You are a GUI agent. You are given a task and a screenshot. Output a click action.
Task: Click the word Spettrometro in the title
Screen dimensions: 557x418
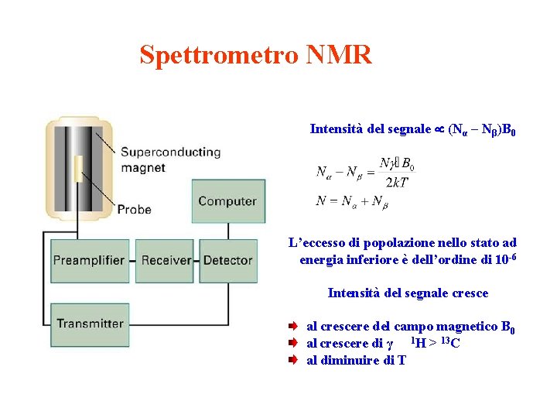coord(219,55)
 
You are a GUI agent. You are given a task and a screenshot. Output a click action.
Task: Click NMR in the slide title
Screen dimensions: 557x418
coord(339,55)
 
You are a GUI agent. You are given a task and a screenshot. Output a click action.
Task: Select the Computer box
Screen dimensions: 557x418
coord(227,201)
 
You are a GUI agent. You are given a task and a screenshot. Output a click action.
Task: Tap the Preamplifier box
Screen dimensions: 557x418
coord(89,260)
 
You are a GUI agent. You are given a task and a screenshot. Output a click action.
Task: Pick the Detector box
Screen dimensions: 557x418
coord(227,260)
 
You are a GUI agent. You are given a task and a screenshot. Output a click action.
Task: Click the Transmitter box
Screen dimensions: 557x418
coord(90,324)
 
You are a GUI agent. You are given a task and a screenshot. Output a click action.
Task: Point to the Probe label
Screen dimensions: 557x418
coord(135,209)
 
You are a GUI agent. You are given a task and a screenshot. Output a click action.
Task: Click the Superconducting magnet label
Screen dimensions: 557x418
coord(170,159)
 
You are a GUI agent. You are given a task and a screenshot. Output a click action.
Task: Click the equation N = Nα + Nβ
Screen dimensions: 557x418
coord(352,202)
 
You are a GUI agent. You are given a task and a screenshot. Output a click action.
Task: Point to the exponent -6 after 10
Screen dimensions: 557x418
coord(511,255)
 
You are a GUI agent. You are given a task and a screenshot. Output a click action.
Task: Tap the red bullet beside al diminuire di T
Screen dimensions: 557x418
coord(293,359)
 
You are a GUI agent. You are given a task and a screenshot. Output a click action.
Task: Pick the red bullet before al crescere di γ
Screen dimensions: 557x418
coord(293,343)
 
